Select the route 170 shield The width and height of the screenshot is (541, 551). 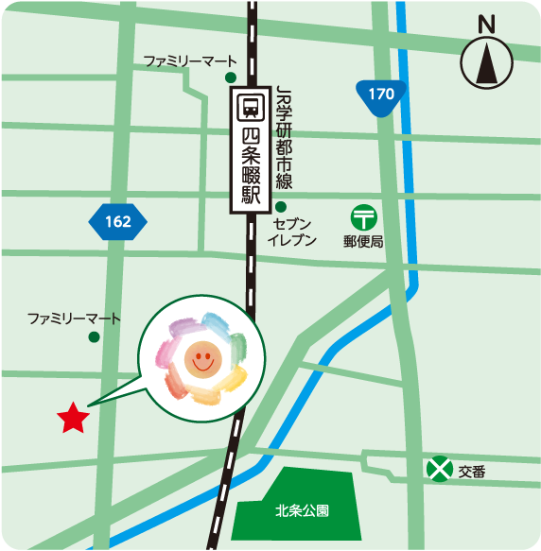click(x=380, y=95)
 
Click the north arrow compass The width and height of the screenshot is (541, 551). click(x=487, y=64)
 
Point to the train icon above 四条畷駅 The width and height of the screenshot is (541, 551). click(x=252, y=104)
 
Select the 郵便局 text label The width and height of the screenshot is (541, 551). click(x=363, y=242)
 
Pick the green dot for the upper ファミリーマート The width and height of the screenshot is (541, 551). click(x=230, y=77)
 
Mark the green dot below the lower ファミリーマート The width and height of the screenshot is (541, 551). click(x=94, y=336)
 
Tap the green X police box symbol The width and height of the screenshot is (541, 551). click(x=438, y=469)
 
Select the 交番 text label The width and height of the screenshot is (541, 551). click(x=472, y=471)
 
